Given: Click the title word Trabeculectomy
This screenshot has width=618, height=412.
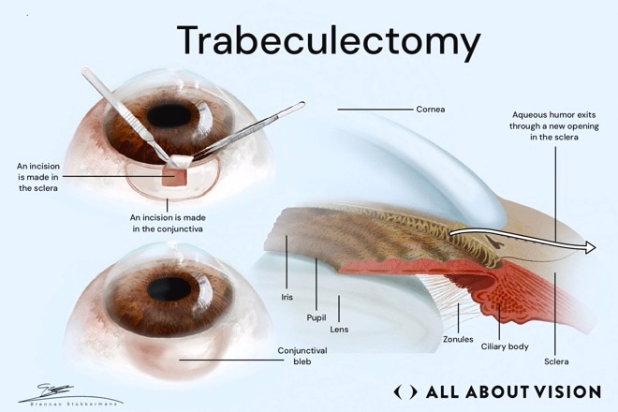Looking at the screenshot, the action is click(x=329, y=41).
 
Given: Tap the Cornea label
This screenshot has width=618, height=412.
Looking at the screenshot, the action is click(x=431, y=110).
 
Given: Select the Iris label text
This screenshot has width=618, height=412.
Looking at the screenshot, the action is click(x=287, y=297).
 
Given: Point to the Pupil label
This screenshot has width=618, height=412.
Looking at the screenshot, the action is click(x=316, y=317).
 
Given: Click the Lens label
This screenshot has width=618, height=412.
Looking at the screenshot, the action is click(x=339, y=330).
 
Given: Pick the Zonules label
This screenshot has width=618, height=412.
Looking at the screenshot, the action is click(x=458, y=339).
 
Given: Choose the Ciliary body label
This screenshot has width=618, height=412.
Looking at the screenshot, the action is click(x=505, y=346).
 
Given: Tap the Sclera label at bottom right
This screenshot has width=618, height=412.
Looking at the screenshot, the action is click(x=556, y=361).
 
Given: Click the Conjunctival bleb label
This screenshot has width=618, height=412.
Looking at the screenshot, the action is click(x=302, y=356).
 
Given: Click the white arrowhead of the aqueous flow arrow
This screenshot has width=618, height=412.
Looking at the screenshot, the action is click(x=590, y=247).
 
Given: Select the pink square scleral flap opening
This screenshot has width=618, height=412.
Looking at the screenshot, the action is click(x=174, y=177).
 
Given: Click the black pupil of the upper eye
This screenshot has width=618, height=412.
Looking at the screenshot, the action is click(x=169, y=115).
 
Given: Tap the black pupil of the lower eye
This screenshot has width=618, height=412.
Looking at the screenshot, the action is click(x=169, y=288).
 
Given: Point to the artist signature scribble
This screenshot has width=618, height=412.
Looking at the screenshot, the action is click(x=55, y=391).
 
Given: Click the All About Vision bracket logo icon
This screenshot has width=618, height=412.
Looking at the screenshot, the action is click(x=405, y=392).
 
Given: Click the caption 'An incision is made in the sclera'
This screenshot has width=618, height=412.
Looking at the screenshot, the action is click(x=38, y=177).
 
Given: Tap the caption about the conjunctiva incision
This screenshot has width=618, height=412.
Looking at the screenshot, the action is click(x=168, y=223).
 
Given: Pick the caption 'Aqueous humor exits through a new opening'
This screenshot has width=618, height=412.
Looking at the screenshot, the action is click(x=553, y=125).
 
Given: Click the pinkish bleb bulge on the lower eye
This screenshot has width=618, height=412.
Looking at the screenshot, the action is click(x=173, y=357).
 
